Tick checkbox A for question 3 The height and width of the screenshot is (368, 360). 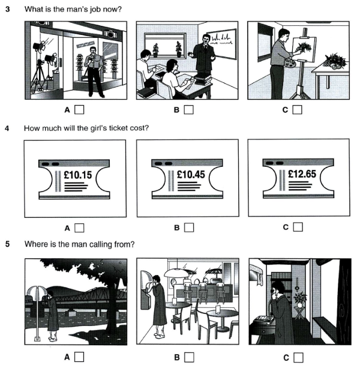coord(79,110)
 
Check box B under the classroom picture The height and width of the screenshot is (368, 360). coord(189,110)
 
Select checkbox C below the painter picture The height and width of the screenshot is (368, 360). coord(298,110)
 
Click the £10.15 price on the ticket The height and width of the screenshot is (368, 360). coord(77,175)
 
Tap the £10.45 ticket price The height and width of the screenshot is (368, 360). coord(191,174)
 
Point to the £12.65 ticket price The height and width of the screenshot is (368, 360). coord(302,174)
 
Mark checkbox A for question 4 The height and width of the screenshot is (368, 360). coord(79,228)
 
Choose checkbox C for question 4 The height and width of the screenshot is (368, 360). coord(298,227)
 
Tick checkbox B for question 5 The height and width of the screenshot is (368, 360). coord(189,357)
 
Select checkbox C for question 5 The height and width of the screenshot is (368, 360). coord(298,357)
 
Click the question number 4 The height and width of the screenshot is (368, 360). coord(7,128)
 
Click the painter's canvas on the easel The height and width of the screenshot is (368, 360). coord(304,49)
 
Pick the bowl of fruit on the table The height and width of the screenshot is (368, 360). coord(334,61)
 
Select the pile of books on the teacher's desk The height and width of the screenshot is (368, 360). coord(202,79)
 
